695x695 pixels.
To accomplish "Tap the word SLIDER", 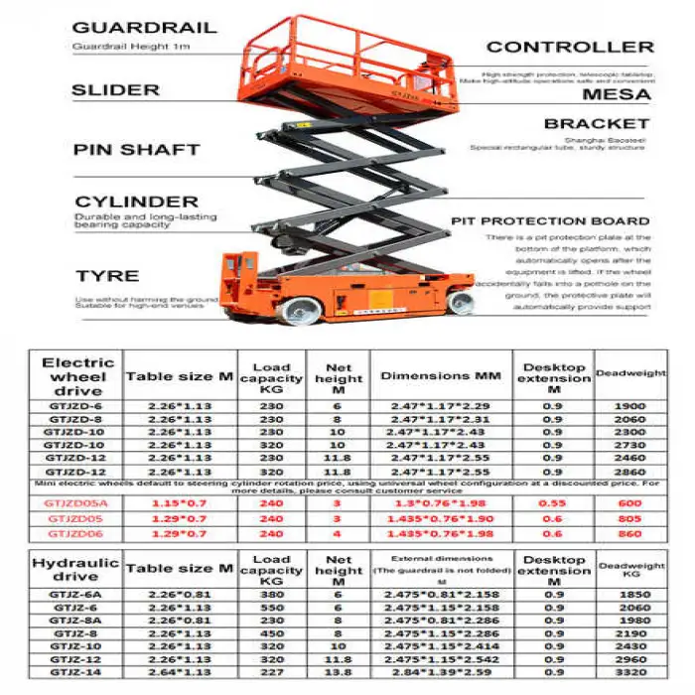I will (x=116, y=90).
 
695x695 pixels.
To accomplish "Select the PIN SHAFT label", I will (x=136, y=150).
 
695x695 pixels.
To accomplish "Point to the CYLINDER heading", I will (x=136, y=202).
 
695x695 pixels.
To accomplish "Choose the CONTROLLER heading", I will (x=570, y=47).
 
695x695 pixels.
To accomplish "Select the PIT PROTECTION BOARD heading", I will (x=551, y=221).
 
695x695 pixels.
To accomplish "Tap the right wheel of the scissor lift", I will (x=460, y=303).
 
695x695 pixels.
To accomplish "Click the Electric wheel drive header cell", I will (x=78, y=376).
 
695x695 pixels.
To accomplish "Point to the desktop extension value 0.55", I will (x=556, y=504).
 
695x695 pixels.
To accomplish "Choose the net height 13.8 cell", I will (x=339, y=671).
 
